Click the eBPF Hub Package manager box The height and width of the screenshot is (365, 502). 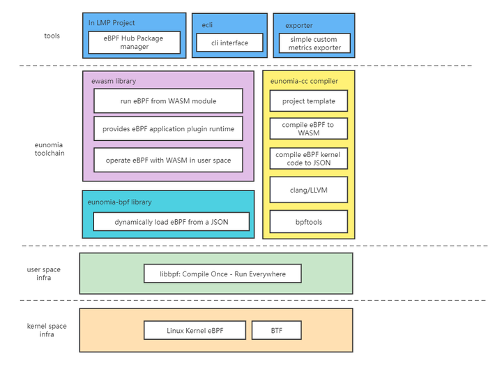coord(134,43)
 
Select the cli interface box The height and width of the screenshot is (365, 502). coord(229,43)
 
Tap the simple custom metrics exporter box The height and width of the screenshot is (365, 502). coord(314,43)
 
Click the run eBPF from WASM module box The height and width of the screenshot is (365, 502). coord(168,101)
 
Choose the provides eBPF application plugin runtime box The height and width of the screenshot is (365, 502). coord(168,129)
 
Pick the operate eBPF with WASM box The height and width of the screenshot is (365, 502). coord(168,161)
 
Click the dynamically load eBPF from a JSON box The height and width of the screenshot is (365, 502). coord(171,223)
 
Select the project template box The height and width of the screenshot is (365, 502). coord(308,101)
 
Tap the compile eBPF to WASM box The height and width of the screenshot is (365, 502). coord(308,128)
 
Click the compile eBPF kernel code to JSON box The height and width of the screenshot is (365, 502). coord(308,158)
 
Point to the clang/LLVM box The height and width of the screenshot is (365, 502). coord(308,190)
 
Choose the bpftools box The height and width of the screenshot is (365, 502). coord(308,222)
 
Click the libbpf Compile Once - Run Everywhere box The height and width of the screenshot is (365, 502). coord(222,274)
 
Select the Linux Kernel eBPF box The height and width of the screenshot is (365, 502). coord(195,330)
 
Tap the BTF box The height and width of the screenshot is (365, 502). coord(276,330)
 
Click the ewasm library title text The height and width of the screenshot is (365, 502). coord(114,81)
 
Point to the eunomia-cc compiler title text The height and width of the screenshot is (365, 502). coord(304,81)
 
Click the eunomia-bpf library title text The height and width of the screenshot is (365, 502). coord(119,202)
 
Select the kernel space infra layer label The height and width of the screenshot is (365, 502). coord(47,330)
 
